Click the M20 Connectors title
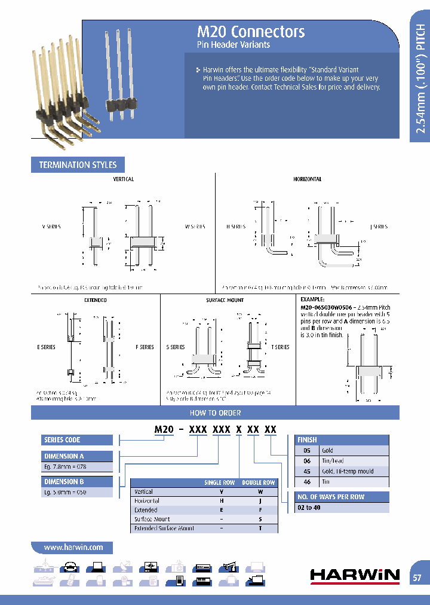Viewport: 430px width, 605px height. tap(251, 32)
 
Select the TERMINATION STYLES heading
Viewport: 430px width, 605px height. tap(78, 165)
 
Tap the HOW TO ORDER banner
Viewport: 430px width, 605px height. tap(215, 412)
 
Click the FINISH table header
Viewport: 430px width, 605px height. tap(308, 439)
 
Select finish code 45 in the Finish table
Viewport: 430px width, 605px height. tap(307, 471)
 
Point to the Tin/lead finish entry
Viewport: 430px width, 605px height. tap(333, 461)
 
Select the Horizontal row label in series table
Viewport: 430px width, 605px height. tap(147, 501)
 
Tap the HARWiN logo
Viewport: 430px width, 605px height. tap(355, 575)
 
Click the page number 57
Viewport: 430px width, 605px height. tap(417, 577)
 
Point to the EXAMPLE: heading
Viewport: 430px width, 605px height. tap(313, 299)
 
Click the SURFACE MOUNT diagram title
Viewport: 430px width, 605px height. tap(220, 300)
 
